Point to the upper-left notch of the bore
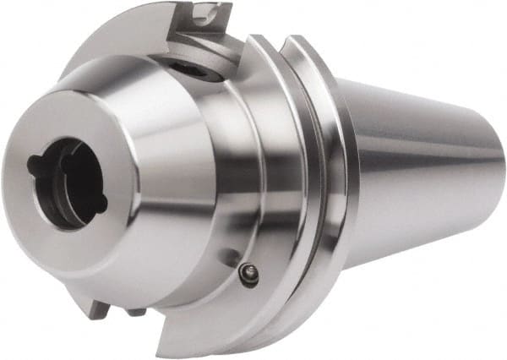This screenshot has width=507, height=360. [x=38, y=159]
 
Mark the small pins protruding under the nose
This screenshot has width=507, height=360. [x=136, y=312]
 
